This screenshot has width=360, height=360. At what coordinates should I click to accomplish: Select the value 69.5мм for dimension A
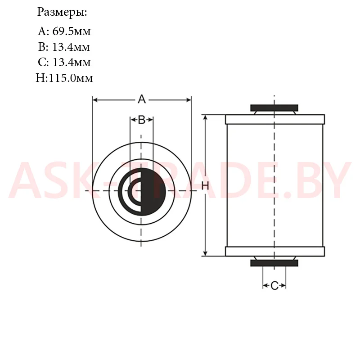[x=72, y=31]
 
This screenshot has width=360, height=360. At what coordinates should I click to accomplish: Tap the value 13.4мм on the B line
[x=71, y=47]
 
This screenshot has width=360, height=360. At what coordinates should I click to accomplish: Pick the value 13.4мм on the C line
[x=72, y=62]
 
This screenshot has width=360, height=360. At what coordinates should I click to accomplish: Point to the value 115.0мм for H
[x=71, y=78]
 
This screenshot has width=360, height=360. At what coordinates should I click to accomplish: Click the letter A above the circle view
[x=142, y=99]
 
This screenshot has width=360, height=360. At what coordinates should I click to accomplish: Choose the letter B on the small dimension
[x=142, y=120]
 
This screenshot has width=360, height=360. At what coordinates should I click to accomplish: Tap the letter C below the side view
[x=274, y=286]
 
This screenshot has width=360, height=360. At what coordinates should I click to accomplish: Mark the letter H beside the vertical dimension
[x=205, y=186]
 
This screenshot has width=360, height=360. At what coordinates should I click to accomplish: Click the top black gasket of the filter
[x=274, y=108]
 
